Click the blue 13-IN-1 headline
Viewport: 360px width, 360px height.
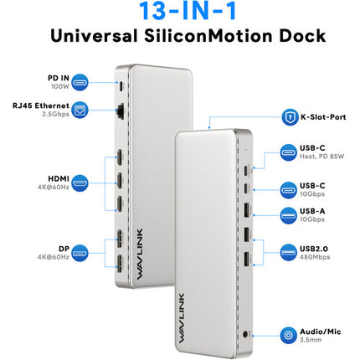(x=188, y=11)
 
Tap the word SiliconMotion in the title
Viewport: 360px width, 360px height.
(x=208, y=36)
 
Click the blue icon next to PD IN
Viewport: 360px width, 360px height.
(x=80, y=82)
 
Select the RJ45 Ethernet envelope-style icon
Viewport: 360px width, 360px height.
(x=80, y=110)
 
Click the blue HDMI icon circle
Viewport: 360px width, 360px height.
(x=80, y=183)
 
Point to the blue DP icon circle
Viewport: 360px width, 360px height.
(x=80, y=253)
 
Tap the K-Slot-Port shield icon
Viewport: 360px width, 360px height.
(x=290, y=117)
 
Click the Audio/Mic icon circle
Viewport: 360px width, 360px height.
(x=288, y=335)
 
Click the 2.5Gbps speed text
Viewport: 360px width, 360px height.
(x=56, y=114)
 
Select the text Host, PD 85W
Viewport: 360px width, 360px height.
(x=322, y=157)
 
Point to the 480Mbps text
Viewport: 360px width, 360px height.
(x=315, y=257)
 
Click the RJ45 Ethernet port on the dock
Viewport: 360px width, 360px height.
(x=121, y=111)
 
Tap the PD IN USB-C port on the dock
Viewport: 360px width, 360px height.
(x=121, y=86)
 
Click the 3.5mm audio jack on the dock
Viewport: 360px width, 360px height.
(x=245, y=334)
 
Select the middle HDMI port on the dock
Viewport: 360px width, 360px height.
(x=120, y=181)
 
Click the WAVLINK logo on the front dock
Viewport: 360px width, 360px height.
(x=182, y=318)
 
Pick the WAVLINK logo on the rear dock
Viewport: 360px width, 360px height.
(x=140, y=254)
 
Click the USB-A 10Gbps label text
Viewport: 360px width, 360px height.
(x=312, y=215)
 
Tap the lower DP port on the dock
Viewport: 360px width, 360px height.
(x=120, y=264)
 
